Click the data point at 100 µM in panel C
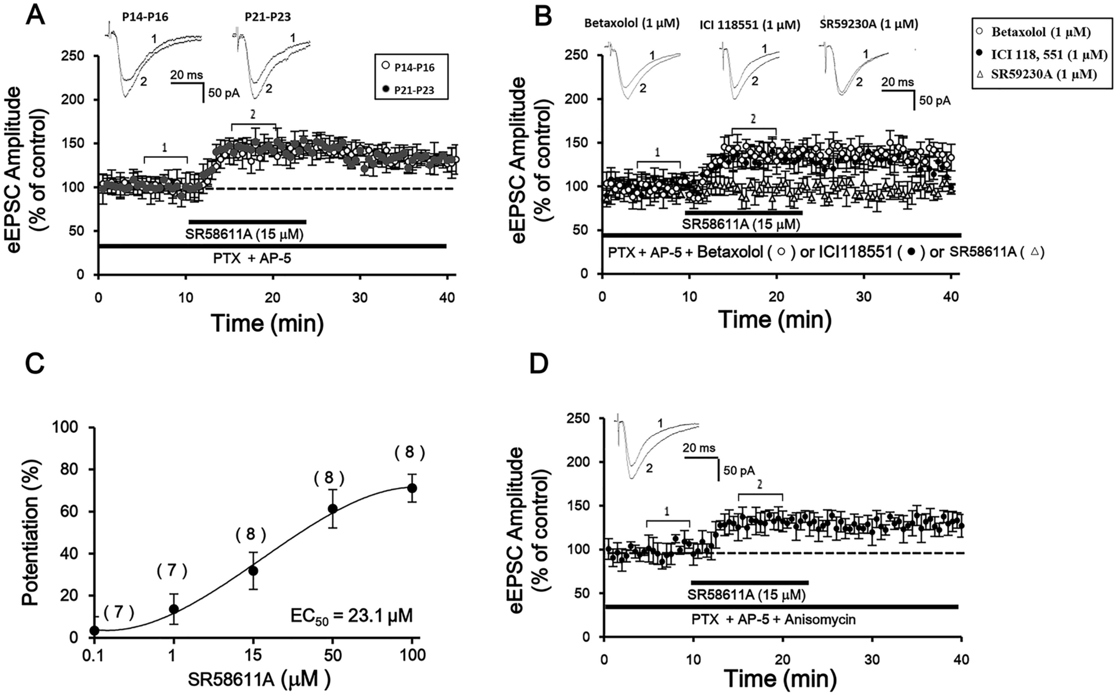pyautogui.click(x=412, y=488)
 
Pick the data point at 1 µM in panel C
pyautogui.click(x=173, y=608)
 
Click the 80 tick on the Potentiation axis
pyautogui.click(x=76, y=470)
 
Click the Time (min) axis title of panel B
pyautogui.click(x=774, y=320)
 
